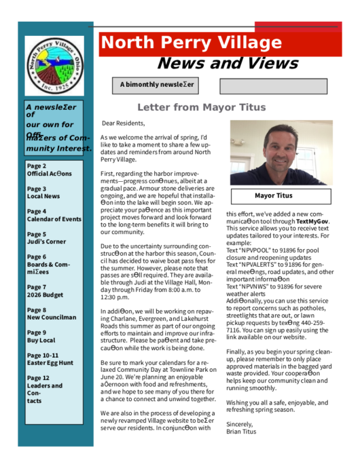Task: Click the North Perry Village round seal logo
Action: pos(54,66)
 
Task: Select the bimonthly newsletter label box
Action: pos(157,85)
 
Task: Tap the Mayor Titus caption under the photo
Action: pos(273,195)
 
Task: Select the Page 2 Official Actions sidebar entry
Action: pos(47,170)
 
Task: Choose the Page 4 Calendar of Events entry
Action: pos(54,215)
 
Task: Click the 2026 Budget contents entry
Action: pos(46,291)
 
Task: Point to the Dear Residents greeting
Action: pos(123,123)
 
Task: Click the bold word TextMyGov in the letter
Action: pos(312,221)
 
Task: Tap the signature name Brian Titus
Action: pos(242,432)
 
